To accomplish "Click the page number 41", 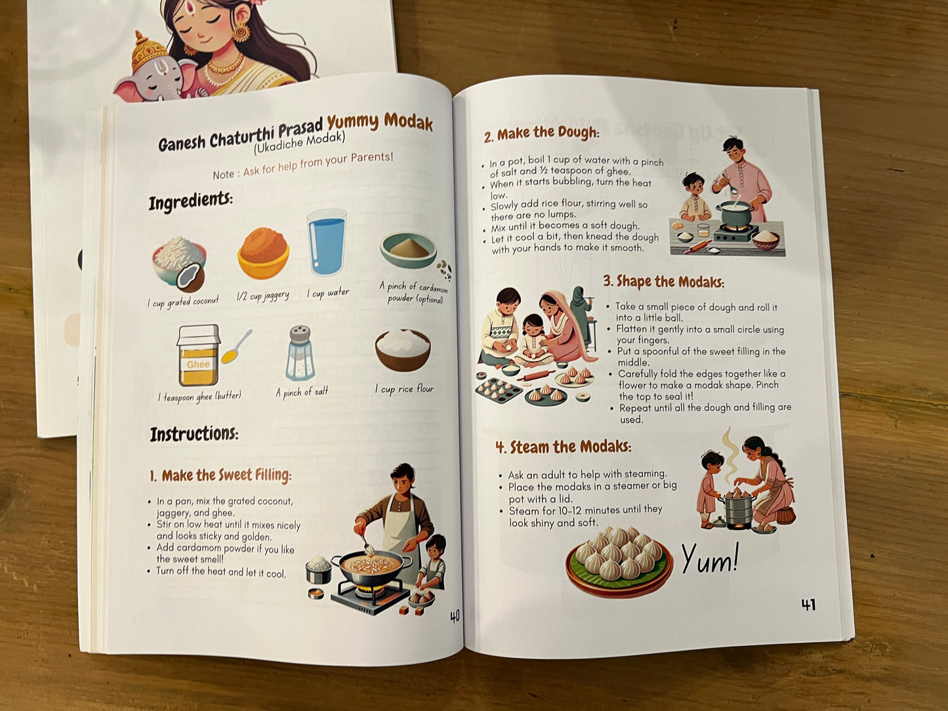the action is click(808, 604).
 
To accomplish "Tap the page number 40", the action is click(455, 616).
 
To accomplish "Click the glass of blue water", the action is click(327, 242).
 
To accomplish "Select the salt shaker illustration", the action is click(300, 353).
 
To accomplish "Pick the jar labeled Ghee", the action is click(198, 355).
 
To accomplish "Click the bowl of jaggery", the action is click(263, 253).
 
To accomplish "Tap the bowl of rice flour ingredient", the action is click(403, 350).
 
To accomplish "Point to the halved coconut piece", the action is click(190, 278).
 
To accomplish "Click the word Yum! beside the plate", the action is click(711, 559).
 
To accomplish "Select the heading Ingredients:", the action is click(190, 201).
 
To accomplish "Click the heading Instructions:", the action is click(194, 434).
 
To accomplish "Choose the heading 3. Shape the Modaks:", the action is click(664, 281).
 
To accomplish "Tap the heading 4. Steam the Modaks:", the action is click(563, 447).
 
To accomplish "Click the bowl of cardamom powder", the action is click(408, 250).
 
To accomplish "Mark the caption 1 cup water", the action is click(328, 293).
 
